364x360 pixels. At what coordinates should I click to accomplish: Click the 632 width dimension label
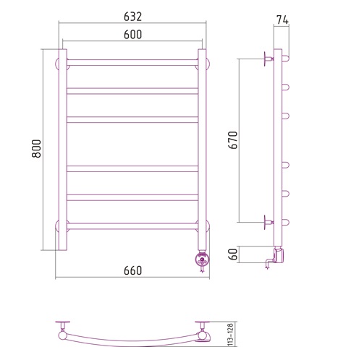point(132,17)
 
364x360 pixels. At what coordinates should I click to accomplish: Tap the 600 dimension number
point(132,35)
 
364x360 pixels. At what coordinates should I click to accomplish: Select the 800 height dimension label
point(36,148)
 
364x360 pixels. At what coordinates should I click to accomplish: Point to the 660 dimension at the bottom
point(132,270)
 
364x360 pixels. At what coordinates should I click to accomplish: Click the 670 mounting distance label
point(233,140)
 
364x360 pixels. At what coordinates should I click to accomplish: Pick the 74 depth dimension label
point(282,20)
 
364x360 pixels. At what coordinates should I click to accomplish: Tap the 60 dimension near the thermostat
point(233,254)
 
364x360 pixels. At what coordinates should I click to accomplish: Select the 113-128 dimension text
point(231,335)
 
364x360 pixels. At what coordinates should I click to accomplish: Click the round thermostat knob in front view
point(202,260)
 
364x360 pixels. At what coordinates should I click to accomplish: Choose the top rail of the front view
point(132,62)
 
